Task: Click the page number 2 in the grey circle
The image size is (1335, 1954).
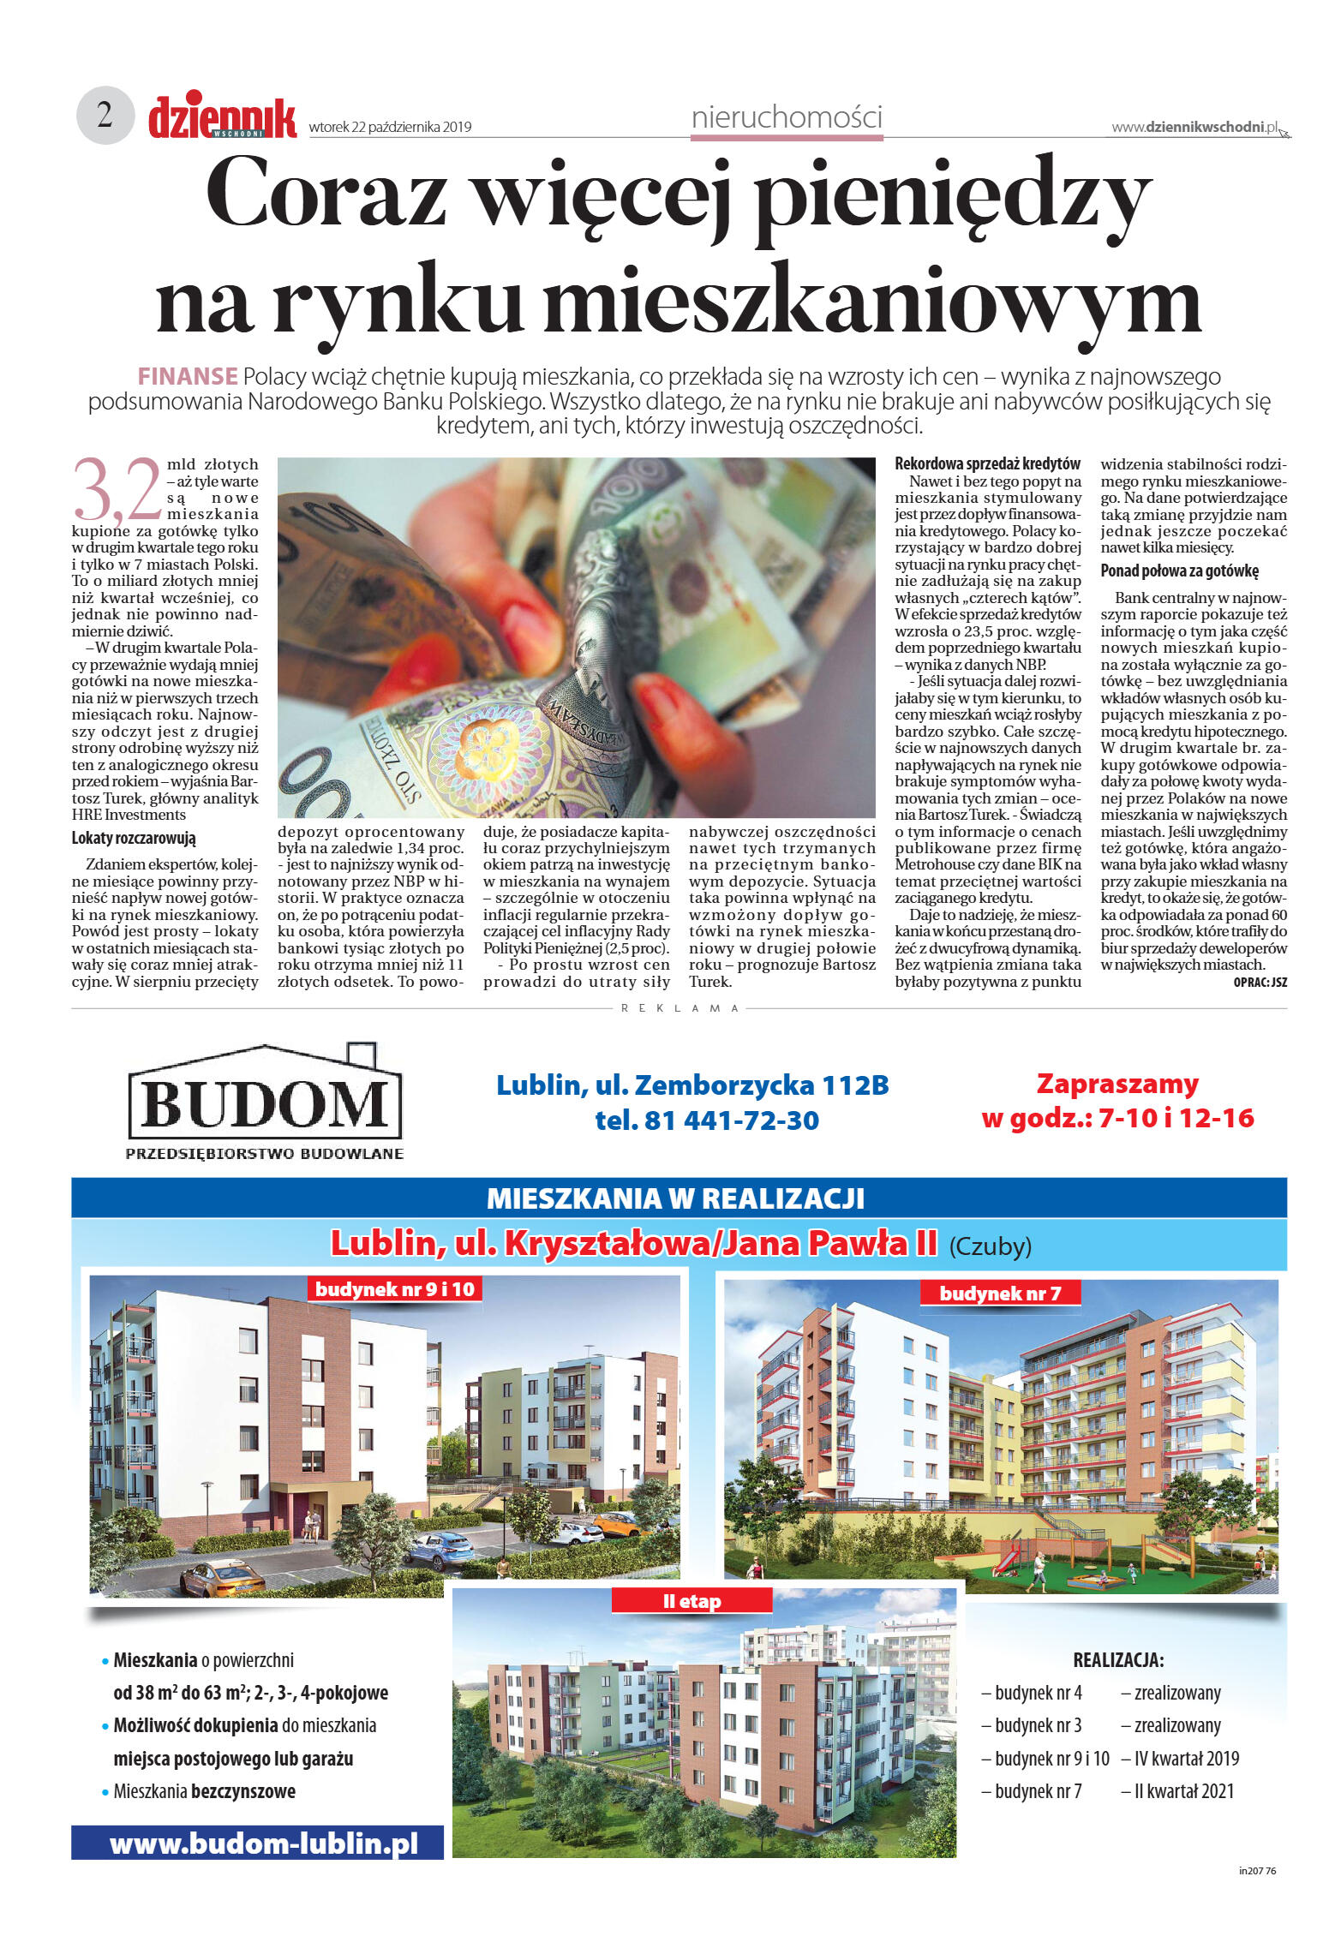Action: pos(105,115)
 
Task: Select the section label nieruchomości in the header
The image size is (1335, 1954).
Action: pos(786,117)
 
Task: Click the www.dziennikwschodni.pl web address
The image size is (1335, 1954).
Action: pos(1194,127)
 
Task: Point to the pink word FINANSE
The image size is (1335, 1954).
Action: pos(188,376)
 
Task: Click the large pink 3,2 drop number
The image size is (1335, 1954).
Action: pos(117,490)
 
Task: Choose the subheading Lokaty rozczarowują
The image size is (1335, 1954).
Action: pos(134,838)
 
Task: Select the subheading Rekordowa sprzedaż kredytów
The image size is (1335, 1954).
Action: pos(987,463)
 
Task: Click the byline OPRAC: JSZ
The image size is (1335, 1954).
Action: pos(1260,983)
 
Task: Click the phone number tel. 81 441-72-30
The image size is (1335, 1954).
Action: pos(707,1120)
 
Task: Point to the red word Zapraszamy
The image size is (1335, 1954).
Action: pos(1116,1084)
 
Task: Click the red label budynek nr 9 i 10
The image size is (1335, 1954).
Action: pos(394,1288)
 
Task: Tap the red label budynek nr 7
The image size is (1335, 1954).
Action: pos(1000,1293)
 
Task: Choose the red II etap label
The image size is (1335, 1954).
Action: pos(691,1601)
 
